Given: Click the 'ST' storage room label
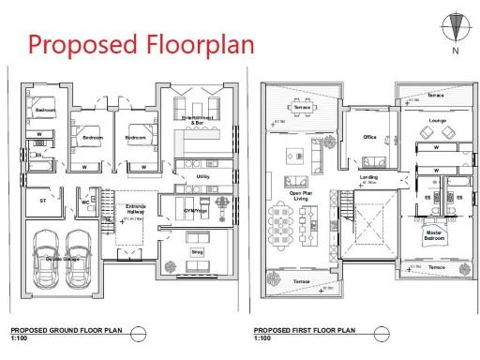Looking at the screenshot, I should pyautogui.click(x=43, y=201).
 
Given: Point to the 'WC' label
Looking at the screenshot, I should pyautogui.click(x=84, y=201).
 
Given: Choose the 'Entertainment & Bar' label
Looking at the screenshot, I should pyautogui.click(x=197, y=120).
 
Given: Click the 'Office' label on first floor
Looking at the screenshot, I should pyautogui.click(x=369, y=138).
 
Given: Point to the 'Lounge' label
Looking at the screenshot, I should pyautogui.click(x=436, y=121).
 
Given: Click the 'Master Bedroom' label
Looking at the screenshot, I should pyautogui.click(x=434, y=234).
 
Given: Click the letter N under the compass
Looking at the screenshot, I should pyautogui.click(x=457, y=52).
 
